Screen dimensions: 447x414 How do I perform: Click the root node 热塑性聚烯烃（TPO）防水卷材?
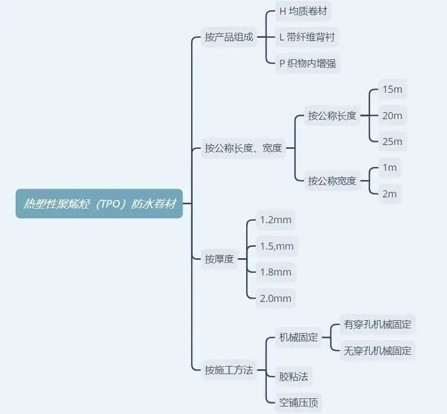pos(99,204)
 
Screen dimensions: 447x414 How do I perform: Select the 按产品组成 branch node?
pos(229,37)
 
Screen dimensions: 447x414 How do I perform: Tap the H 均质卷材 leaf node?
pos(303,11)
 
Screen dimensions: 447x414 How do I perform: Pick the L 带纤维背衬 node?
pos(307,37)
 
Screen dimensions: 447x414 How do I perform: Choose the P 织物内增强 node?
pos(308,63)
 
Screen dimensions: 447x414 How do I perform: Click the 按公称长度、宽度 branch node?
pos(243,148)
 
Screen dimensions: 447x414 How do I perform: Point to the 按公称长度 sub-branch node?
pos(332,115)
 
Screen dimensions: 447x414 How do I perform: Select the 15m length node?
pos(392,89)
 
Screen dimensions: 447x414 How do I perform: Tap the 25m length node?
pos(392,142)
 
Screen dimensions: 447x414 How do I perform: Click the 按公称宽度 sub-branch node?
pos(332,181)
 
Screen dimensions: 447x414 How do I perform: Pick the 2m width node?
pos(390,194)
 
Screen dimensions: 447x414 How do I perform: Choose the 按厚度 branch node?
pos(219,259)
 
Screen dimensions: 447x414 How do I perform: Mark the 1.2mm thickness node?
pos(275,220)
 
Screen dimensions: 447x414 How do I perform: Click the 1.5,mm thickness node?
pos(277,246)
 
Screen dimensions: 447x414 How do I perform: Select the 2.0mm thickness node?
pos(275,299)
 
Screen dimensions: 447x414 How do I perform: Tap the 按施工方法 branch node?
pos(229,370)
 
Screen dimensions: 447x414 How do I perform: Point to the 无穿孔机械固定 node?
pos(377,350)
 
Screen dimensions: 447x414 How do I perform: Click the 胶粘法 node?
pos(293,377)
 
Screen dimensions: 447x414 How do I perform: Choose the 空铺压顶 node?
pos(298,403)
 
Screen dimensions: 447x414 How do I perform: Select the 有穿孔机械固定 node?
pos(377,325)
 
